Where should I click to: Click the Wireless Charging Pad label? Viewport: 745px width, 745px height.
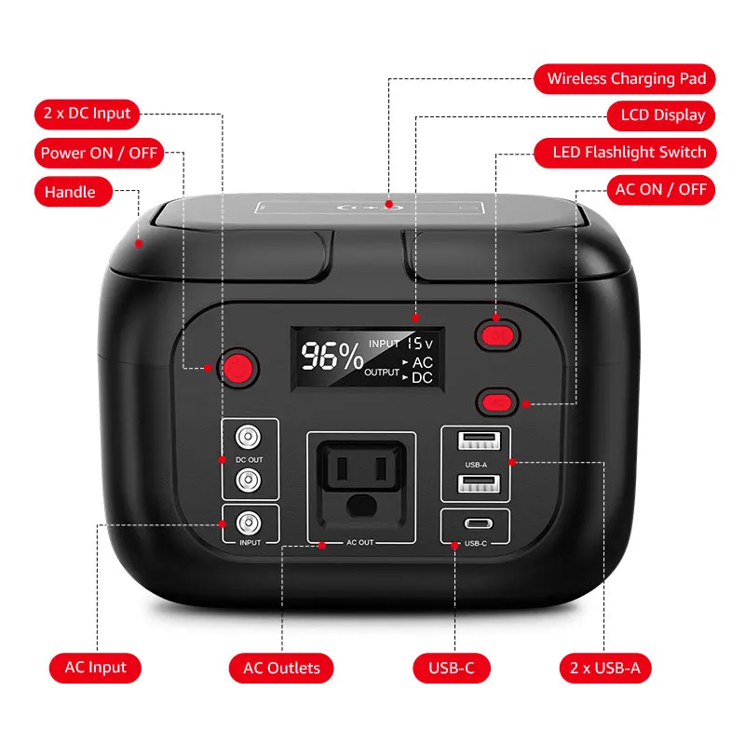pos(626,79)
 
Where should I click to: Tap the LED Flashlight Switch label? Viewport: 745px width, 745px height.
pos(629,153)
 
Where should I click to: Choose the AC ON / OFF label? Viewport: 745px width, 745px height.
pos(661,189)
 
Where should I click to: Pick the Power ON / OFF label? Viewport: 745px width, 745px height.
pos(100,153)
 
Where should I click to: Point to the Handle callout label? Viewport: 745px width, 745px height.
pos(70,192)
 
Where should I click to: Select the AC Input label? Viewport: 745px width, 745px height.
pos(95,668)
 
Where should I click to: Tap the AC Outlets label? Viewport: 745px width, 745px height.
pos(281,668)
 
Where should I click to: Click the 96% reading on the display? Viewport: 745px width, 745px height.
pos(331,357)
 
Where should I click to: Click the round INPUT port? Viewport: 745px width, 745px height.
pos(249,521)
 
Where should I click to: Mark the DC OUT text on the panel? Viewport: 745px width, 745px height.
pos(249,459)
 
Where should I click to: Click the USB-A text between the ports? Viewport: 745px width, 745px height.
pos(475,463)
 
